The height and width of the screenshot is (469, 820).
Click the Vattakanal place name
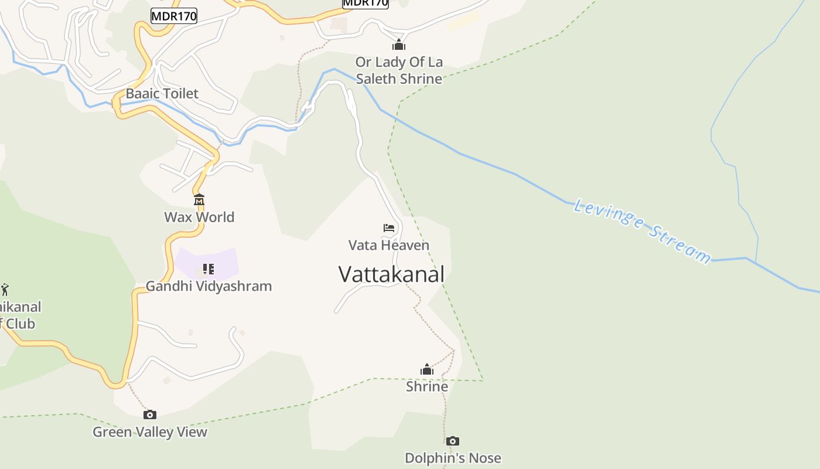click(391, 274)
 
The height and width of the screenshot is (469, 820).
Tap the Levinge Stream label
click(642, 230)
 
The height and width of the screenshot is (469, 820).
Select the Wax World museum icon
click(199, 200)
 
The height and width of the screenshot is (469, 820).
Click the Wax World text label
click(199, 217)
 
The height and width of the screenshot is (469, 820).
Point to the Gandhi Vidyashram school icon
click(208, 269)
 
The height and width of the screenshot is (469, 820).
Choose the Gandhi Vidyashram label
click(209, 286)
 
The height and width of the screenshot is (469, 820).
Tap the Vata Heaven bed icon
click(389, 228)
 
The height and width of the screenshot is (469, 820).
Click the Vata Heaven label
click(389, 245)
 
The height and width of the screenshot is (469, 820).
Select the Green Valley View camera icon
click(150, 415)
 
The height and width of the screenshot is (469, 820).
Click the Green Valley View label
click(150, 432)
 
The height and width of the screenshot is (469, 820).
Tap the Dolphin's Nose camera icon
click(452, 441)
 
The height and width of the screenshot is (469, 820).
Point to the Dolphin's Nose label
click(453, 458)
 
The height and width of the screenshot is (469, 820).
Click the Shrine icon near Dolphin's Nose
click(427, 369)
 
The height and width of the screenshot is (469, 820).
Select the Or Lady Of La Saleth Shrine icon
click(399, 45)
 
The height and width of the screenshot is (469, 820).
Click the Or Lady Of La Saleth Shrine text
click(399, 70)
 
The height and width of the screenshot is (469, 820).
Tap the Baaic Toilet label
click(162, 93)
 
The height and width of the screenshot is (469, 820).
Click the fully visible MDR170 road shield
click(174, 16)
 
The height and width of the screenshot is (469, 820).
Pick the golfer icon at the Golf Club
click(5, 290)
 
